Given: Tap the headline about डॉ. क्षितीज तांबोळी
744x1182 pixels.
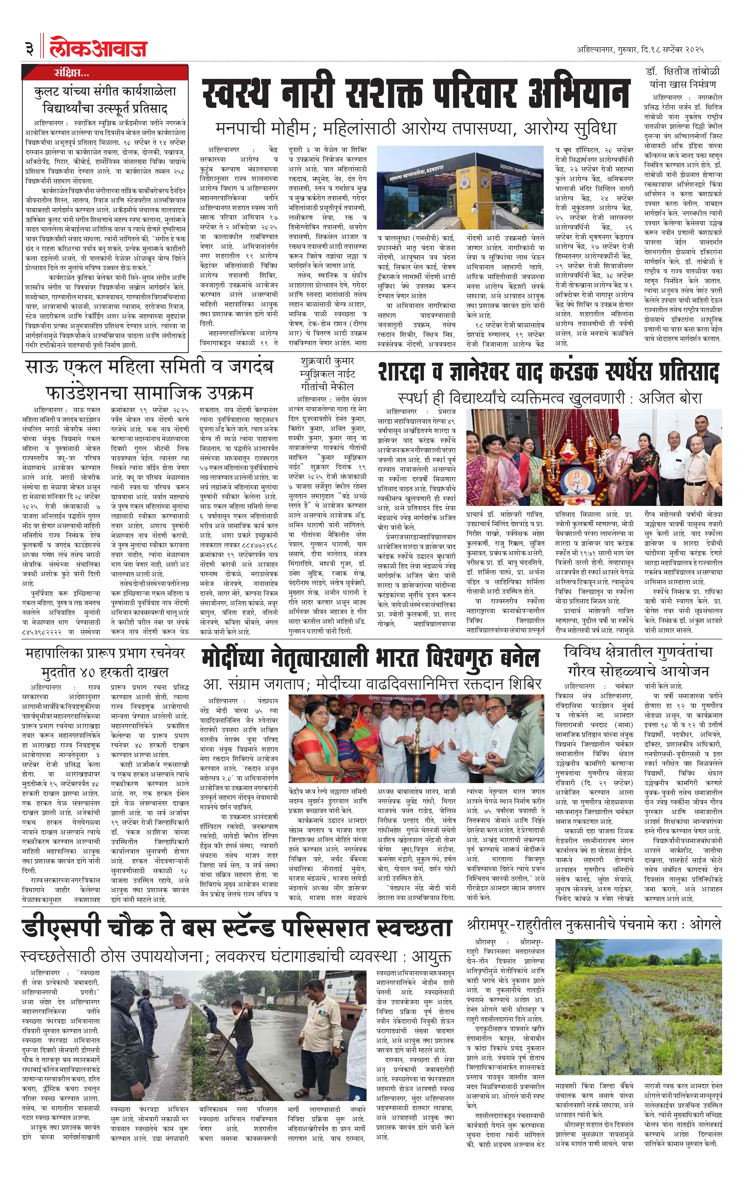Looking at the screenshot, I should click(682, 77).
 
